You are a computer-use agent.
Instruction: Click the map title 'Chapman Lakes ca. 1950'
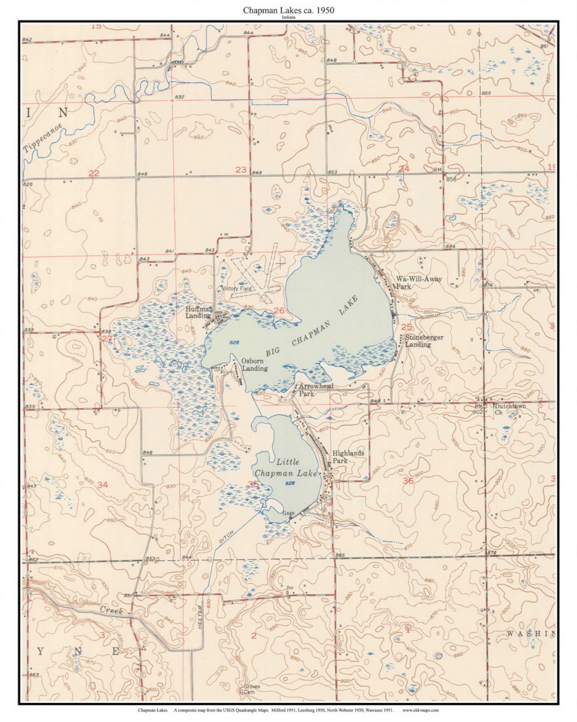point(288,10)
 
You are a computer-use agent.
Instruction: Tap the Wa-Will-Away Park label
point(418,283)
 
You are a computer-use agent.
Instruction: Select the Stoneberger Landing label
point(424,341)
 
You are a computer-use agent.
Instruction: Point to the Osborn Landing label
point(254,364)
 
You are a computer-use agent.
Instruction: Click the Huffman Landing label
point(198,312)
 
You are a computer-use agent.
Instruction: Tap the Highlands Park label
point(348,457)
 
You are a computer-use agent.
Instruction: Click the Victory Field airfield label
point(238,288)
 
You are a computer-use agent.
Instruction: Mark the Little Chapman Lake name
point(286,467)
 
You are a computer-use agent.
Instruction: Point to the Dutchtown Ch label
point(509,409)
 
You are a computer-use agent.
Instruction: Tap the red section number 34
point(102,484)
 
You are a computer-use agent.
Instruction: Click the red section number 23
point(241,169)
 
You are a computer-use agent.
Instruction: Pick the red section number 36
point(408,481)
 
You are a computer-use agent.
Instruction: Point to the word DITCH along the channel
point(226,536)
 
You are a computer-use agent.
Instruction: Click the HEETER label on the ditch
point(200,617)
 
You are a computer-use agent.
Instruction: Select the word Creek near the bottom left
point(111,610)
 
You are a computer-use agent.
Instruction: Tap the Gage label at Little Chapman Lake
point(288,513)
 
